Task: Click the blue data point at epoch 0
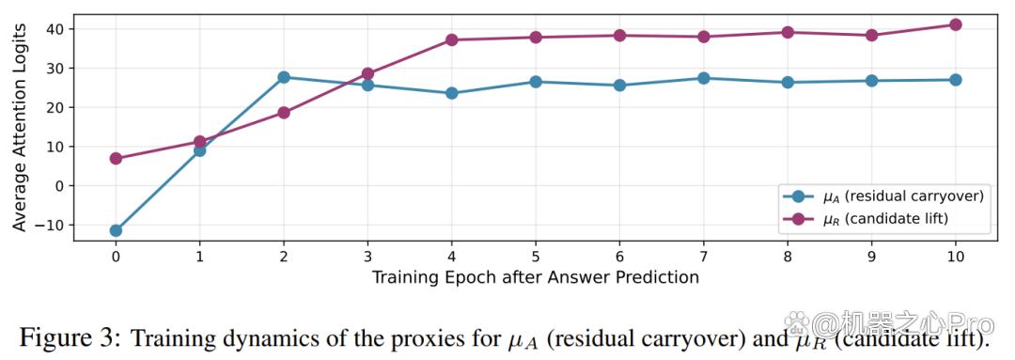tap(116, 230)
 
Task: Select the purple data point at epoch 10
tap(955, 24)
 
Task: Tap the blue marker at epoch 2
tap(284, 77)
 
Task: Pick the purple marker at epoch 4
tap(451, 39)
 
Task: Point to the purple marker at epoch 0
tap(116, 158)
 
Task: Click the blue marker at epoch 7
tap(703, 78)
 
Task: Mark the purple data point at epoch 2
tap(284, 113)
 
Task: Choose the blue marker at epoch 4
tap(451, 93)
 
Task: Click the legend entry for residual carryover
tap(882, 196)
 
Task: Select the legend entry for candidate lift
tap(866, 220)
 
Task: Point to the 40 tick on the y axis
tap(57, 29)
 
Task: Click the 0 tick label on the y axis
tap(61, 186)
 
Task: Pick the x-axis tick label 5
tap(536, 257)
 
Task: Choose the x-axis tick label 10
tap(955, 257)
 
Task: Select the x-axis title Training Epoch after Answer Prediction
tap(536, 278)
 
